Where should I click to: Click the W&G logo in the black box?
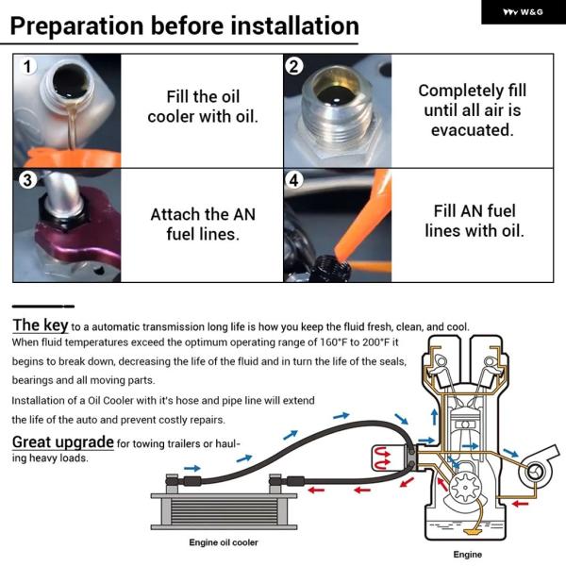click(x=523, y=12)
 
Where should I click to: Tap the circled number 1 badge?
click(x=27, y=67)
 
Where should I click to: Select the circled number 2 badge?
click(x=293, y=67)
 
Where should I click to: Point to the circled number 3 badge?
click(x=27, y=180)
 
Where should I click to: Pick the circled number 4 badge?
click(x=293, y=180)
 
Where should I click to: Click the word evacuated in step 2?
click(x=472, y=130)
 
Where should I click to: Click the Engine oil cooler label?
click(x=224, y=542)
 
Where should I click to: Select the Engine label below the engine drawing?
click(x=468, y=555)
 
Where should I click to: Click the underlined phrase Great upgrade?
click(x=63, y=442)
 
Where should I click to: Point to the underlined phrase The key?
click(x=40, y=325)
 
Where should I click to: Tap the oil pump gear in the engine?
click(x=466, y=488)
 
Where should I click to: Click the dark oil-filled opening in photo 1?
click(x=71, y=81)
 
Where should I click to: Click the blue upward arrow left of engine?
click(x=435, y=417)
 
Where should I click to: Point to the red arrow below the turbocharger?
click(x=521, y=504)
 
